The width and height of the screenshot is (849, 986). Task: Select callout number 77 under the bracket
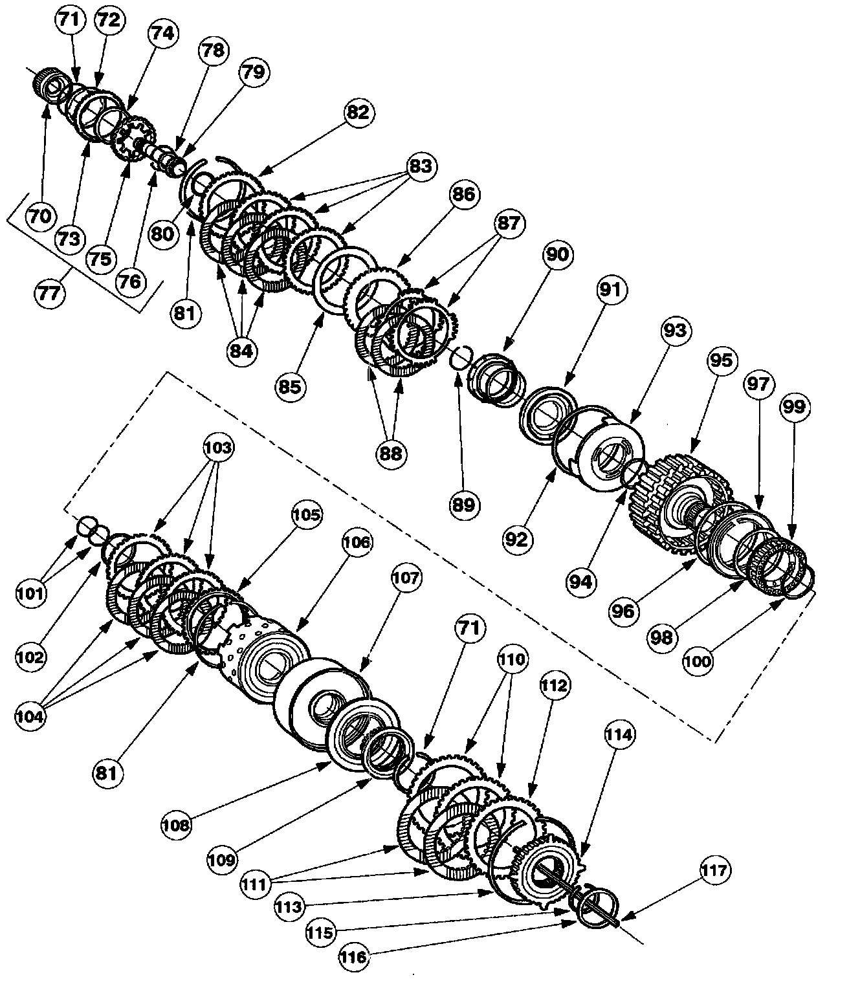[x=50, y=292]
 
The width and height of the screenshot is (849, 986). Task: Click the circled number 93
[x=678, y=331]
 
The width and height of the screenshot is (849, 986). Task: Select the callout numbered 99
[x=795, y=406]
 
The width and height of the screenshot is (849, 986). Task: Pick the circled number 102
[x=31, y=657]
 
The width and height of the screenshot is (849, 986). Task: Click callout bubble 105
[x=305, y=515]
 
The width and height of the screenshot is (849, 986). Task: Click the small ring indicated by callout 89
[x=461, y=356]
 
